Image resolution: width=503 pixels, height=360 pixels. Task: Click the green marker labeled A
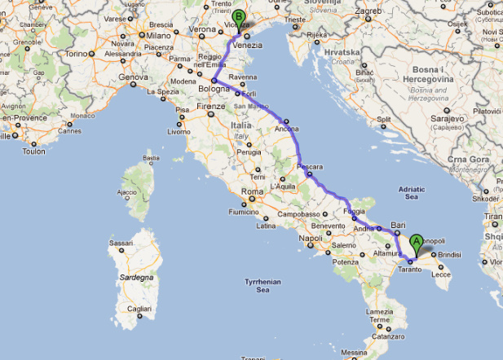[x=417, y=242]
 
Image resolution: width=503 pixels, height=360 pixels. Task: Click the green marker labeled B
[x=238, y=17]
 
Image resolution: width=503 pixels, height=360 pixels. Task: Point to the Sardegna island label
[x=137, y=277]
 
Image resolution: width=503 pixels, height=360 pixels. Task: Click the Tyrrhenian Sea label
[x=263, y=285]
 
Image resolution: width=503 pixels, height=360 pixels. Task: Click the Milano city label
[x=158, y=36]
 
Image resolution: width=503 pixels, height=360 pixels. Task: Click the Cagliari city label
[x=139, y=310]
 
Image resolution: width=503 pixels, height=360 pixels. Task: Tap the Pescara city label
[x=310, y=167]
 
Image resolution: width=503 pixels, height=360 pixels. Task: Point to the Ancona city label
[x=287, y=129]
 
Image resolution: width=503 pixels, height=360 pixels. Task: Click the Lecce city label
[x=441, y=274]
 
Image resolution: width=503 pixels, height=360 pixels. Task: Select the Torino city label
[x=75, y=53]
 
